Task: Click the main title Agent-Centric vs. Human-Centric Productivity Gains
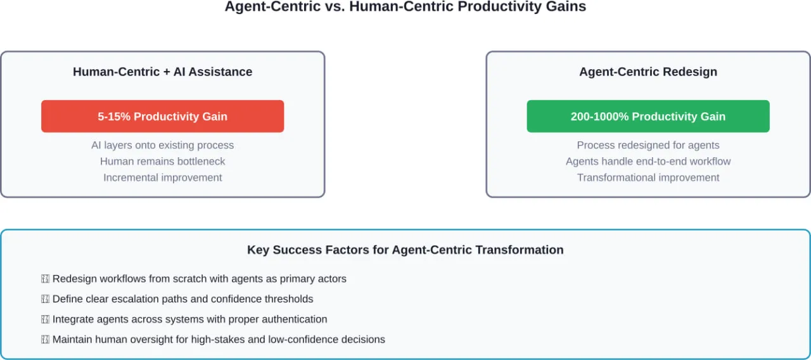tap(405, 7)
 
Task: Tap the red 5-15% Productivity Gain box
tap(162, 117)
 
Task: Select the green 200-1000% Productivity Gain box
tap(648, 117)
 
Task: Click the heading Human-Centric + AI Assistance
tap(162, 72)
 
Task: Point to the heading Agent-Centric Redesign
tap(648, 72)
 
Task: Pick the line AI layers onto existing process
tap(162, 145)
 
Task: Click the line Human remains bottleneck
tap(162, 162)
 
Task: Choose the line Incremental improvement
tap(162, 177)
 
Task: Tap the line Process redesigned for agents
tap(648, 145)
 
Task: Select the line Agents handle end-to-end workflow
tap(648, 162)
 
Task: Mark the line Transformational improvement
tap(648, 177)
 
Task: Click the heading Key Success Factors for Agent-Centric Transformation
tap(405, 250)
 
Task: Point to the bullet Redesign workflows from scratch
tap(199, 279)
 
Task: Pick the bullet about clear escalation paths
tap(182, 299)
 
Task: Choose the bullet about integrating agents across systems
tap(189, 319)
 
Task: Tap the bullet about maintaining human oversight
tap(219, 340)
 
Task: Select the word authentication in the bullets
tap(294, 319)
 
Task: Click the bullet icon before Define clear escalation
tap(45, 299)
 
